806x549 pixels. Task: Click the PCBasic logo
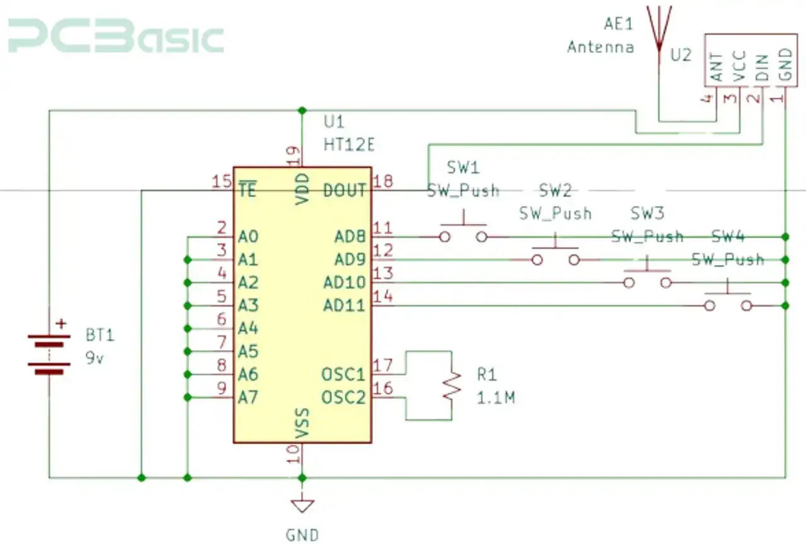coord(116,38)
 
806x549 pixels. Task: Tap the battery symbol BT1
coord(48,354)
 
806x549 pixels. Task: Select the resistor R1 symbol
coord(451,385)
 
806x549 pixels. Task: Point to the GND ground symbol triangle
coord(302,504)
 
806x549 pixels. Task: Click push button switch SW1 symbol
coord(463,234)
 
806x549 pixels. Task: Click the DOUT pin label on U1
coord(344,190)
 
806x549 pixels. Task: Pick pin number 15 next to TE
coord(221,182)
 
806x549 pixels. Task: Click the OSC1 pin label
coord(343,375)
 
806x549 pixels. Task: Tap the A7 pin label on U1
coord(248,397)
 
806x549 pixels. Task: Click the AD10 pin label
coord(344,283)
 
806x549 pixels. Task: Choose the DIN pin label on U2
coord(761,69)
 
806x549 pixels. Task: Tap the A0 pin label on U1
coord(248,237)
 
